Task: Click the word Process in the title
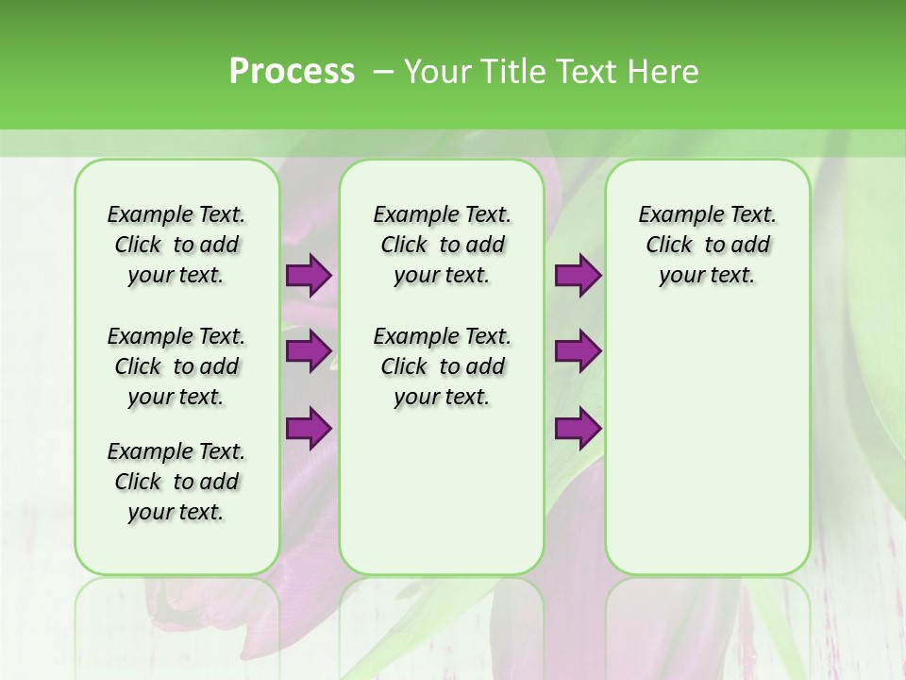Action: click(x=292, y=72)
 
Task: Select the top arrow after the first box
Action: click(x=308, y=276)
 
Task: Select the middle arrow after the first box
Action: click(x=308, y=352)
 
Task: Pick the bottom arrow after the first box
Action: click(x=308, y=429)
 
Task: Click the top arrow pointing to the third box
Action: click(x=577, y=276)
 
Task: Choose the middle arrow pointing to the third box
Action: click(x=577, y=352)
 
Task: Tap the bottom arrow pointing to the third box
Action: click(x=577, y=429)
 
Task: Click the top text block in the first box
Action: click(x=176, y=245)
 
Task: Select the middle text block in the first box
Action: click(x=176, y=366)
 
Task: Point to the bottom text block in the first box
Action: click(x=176, y=482)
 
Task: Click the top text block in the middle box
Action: click(x=443, y=245)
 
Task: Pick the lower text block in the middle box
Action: click(x=443, y=366)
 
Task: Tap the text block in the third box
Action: click(x=708, y=245)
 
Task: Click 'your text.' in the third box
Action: click(x=708, y=275)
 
